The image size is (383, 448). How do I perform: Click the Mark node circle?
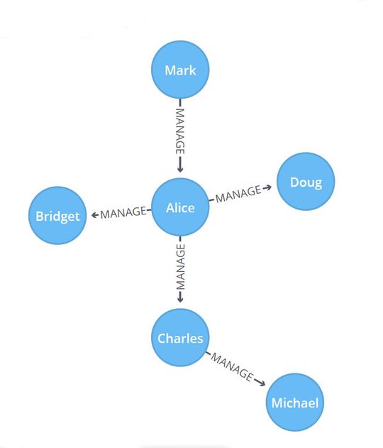(180, 70)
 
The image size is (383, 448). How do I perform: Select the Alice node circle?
(180, 207)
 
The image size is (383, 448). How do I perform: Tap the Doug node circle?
(305, 182)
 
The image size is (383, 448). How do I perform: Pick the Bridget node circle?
(57, 216)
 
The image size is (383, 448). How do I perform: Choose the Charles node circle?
(180, 338)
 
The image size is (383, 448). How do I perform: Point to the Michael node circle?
(294, 403)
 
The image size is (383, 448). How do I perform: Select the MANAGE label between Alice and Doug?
(238, 193)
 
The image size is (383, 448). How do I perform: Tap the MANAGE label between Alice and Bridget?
(123, 212)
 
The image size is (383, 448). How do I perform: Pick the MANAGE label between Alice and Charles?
(180, 265)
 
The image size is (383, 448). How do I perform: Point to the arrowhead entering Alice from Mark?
(180, 169)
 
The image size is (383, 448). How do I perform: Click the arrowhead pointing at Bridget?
(94, 214)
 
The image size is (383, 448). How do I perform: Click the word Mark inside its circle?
(180, 70)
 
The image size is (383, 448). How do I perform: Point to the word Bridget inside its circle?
(57, 216)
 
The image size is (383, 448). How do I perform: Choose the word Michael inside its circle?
(294, 403)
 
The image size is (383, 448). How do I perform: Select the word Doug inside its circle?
(306, 182)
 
